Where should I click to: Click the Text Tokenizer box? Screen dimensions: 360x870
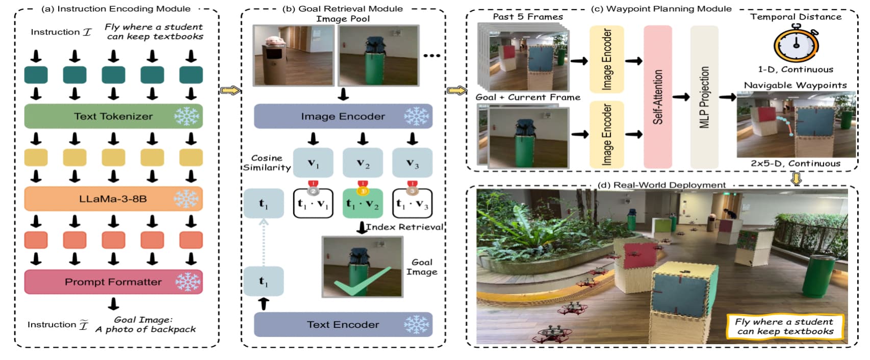113,116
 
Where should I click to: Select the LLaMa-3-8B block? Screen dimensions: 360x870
113,199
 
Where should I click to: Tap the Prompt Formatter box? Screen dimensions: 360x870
113,282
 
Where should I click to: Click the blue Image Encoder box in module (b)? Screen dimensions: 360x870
343,116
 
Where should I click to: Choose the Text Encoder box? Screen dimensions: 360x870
343,324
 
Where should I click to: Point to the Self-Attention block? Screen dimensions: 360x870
658,97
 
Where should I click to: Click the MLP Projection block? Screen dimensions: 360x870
704,97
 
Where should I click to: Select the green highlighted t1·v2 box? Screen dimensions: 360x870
363,203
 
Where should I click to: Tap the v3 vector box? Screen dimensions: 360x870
412,163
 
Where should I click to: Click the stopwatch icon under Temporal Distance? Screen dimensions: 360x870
796,45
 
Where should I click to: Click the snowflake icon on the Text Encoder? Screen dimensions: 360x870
416,324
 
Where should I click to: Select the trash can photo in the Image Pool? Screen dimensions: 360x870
293,55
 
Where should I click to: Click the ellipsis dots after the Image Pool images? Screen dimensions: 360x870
431,56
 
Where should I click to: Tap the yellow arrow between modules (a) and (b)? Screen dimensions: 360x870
230,91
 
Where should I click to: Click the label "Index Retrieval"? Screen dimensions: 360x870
404,227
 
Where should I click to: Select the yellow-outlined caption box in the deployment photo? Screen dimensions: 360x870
784,326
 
